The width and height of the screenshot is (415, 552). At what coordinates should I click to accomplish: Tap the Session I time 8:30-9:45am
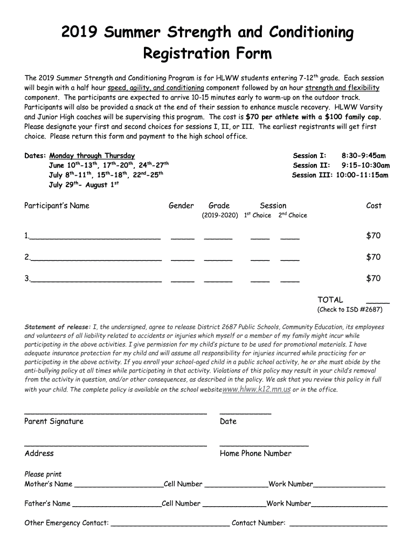pyautogui.click(x=364, y=156)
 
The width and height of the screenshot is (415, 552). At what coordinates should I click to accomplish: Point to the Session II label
pyautogui.click(x=312, y=165)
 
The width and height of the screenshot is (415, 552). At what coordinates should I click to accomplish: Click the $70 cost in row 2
pyautogui.click(x=373, y=257)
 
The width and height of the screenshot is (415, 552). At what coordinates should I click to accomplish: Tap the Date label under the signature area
pyautogui.click(x=228, y=422)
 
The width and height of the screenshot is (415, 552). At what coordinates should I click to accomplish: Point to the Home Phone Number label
pyautogui.click(x=255, y=454)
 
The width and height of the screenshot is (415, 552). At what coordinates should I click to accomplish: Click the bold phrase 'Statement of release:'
pyautogui.click(x=58, y=327)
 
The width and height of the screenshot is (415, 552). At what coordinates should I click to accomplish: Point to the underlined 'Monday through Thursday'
pyautogui.click(x=92, y=156)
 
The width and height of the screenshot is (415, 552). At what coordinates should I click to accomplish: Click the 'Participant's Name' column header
pyautogui.click(x=57, y=205)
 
